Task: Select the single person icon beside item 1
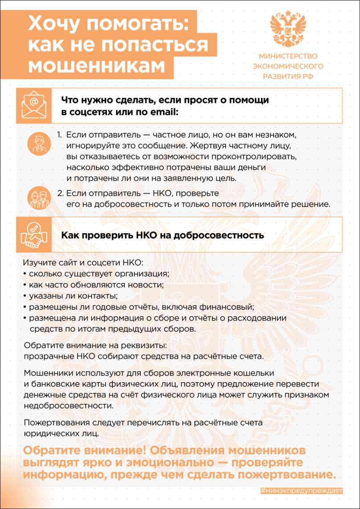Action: point(39,142)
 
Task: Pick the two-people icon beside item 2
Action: point(39,198)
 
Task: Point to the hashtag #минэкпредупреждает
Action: point(301,491)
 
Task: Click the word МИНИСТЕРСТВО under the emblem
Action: point(288,56)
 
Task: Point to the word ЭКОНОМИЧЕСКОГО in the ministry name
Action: point(288,66)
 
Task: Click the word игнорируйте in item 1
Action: point(89,146)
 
